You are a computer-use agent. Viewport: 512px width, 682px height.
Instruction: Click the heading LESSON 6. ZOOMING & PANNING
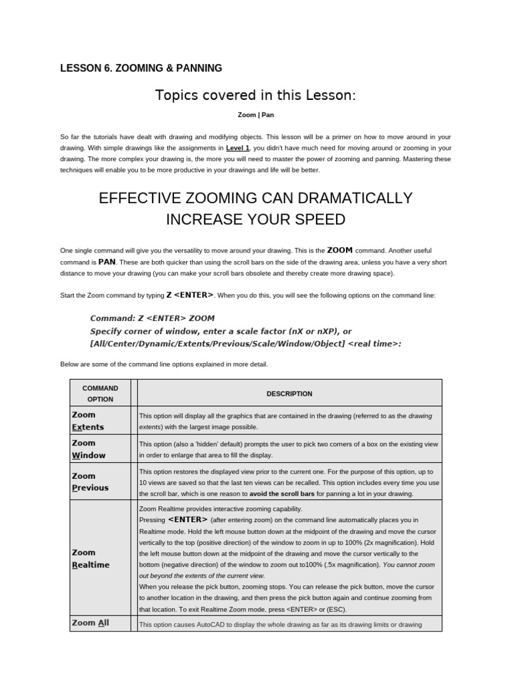point(141,68)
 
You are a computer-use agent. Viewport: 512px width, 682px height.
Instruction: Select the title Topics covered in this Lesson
point(255,95)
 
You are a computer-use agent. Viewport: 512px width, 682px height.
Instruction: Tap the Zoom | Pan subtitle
point(256,115)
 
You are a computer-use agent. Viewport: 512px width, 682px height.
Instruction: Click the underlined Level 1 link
point(238,148)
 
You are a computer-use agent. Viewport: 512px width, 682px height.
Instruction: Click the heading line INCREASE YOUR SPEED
point(255,219)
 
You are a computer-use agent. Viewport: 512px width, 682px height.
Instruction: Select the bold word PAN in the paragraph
point(107,262)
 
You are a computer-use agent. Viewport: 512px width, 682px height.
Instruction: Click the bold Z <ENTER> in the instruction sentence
point(190,294)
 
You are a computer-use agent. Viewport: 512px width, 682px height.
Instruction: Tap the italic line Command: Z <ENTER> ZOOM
point(153,318)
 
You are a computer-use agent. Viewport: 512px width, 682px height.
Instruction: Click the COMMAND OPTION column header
point(101,393)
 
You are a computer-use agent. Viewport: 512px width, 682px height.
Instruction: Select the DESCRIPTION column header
point(289,394)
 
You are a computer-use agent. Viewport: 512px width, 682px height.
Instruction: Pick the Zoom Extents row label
point(87,421)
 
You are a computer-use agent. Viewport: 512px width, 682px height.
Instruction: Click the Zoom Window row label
point(88,449)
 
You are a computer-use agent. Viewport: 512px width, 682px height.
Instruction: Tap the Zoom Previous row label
point(90,482)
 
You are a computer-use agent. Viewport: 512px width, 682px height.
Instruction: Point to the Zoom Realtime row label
point(91,558)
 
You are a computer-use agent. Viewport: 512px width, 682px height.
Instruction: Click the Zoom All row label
point(90,623)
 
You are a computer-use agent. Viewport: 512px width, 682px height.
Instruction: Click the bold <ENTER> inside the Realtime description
point(188,519)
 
